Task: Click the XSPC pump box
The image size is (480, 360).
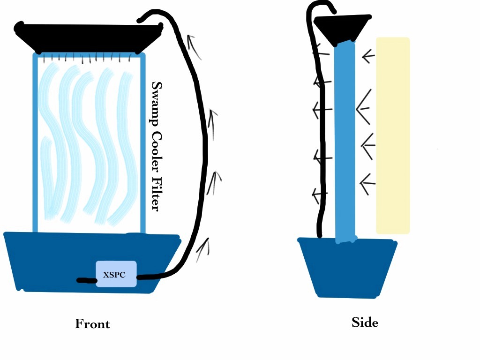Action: tap(116, 274)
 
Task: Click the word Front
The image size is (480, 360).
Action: tap(92, 324)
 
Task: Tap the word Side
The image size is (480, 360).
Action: tap(365, 322)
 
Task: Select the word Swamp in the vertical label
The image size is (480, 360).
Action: tap(157, 104)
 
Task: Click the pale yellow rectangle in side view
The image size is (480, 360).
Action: tap(393, 135)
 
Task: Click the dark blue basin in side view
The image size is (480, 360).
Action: tap(347, 268)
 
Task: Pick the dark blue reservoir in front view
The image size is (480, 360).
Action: tap(92, 262)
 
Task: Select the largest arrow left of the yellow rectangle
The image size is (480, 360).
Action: tap(364, 107)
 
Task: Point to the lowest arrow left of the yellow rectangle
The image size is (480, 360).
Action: tap(367, 184)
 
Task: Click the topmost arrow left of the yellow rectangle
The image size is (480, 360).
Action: tap(368, 56)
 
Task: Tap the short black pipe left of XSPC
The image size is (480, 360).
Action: tap(86, 280)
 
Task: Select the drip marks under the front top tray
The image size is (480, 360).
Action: tap(89, 58)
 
